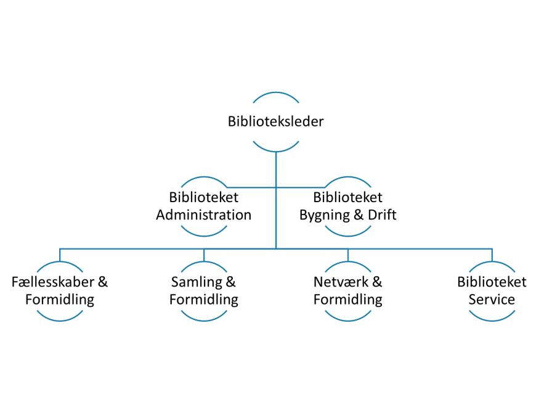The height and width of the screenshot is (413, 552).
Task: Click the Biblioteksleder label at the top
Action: click(275, 121)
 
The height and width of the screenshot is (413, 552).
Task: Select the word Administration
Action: click(204, 215)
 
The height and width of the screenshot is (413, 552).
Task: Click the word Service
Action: click(492, 300)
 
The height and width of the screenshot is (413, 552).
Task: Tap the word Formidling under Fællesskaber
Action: click(60, 300)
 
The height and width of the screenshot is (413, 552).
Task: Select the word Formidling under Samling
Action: click(204, 300)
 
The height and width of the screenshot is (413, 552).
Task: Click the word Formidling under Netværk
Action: click(348, 300)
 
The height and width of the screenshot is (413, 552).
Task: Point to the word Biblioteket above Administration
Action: click(204, 198)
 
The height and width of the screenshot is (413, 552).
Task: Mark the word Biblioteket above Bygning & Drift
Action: click(348, 198)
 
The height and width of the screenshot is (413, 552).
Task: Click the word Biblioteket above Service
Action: click(492, 282)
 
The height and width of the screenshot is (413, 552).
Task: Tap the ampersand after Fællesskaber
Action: click(103, 282)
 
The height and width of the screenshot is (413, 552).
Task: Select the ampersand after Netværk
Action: click(377, 282)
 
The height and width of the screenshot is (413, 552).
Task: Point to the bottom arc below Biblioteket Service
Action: click(492, 319)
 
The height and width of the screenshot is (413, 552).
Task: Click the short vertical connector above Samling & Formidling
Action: click(204, 255)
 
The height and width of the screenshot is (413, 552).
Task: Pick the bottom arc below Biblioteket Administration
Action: click(204, 234)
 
